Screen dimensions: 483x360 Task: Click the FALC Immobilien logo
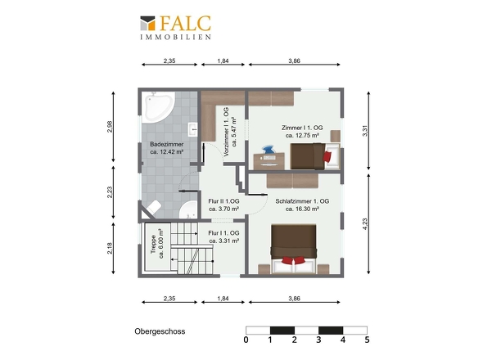point(175,27)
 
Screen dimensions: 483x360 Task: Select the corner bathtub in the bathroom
point(157,107)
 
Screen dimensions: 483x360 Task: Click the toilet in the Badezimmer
point(152,208)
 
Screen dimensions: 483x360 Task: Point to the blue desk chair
point(269,149)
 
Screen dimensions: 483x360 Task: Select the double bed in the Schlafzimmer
point(294,249)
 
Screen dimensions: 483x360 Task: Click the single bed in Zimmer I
point(315,156)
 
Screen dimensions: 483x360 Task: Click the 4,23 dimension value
point(365,224)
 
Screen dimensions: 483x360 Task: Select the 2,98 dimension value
point(110,127)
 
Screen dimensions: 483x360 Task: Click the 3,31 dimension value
point(365,131)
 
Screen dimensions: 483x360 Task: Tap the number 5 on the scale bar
point(367,340)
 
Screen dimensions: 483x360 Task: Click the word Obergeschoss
point(160,331)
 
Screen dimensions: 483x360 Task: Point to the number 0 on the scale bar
point(246,340)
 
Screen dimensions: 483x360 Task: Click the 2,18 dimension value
point(110,248)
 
